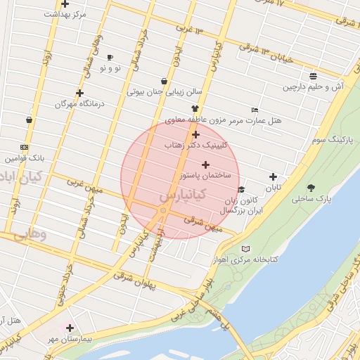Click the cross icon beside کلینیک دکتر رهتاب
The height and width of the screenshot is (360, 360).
[x=195, y=134]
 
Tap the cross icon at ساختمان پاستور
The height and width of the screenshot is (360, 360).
[x=205, y=164]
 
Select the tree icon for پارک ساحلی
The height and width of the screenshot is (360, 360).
[x=311, y=188]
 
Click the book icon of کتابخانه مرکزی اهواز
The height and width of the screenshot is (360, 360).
[x=245, y=249]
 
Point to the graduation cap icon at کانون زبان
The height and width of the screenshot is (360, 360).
[x=241, y=190]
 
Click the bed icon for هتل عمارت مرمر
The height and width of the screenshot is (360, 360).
[x=255, y=110]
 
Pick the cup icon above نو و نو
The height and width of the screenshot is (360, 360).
[x=110, y=57]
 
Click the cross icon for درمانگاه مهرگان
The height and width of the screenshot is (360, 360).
[x=80, y=93]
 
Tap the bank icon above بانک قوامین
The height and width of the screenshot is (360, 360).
[x=25, y=147]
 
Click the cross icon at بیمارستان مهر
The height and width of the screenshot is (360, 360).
[x=70, y=328]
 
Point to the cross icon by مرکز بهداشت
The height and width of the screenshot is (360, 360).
[x=65, y=4]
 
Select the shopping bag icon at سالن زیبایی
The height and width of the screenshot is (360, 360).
[x=164, y=81]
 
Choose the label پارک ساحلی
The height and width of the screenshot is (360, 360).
[x=311, y=199]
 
